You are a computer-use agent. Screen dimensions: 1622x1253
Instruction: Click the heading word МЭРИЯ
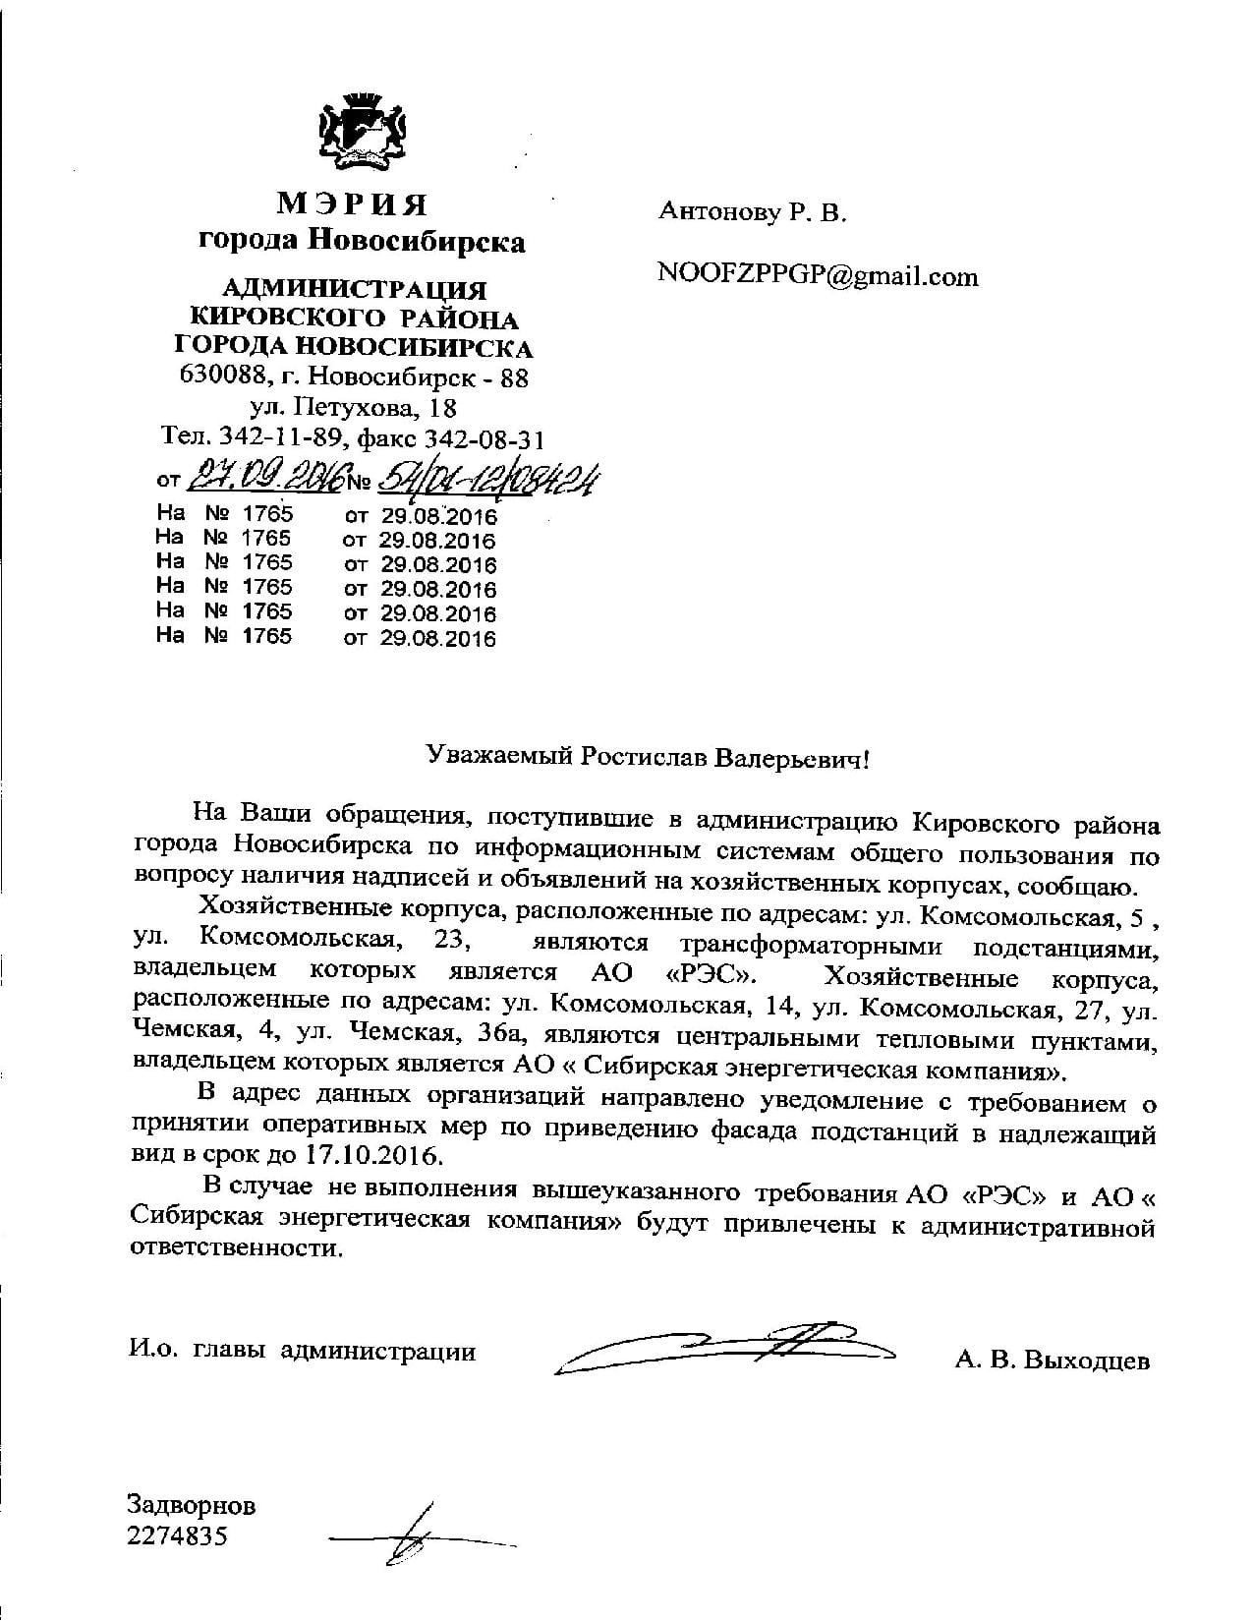coord(353,204)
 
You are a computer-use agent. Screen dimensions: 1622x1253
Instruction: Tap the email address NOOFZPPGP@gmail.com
coord(818,276)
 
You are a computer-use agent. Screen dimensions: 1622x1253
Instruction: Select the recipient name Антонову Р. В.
coord(752,211)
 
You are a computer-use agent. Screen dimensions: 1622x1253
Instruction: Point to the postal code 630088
coord(212,376)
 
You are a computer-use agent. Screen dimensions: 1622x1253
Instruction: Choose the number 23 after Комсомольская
coord(451,942)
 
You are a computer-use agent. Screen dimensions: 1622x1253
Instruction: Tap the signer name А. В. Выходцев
coord(1051,1361)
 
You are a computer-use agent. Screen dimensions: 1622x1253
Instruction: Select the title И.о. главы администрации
coord(302,1353)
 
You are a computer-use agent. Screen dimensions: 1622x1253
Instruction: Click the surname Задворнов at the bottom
coord(192,1505)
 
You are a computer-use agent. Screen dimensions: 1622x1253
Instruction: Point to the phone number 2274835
coord(177,1535)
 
